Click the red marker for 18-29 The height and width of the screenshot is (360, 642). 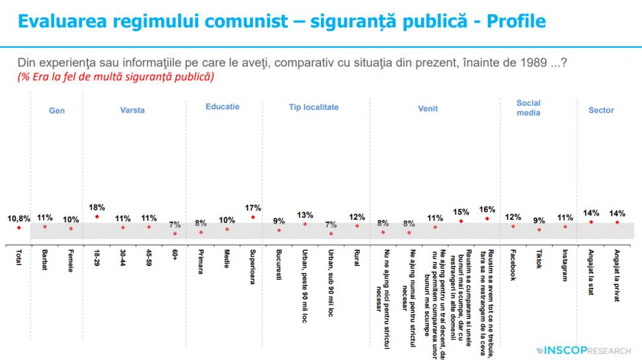97,216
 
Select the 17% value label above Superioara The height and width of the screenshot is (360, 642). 253,207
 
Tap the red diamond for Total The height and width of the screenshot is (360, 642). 19,227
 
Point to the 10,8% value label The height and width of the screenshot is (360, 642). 19,218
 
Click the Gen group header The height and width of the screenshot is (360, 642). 57,111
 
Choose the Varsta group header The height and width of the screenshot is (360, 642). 132,111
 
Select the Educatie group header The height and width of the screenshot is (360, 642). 222,107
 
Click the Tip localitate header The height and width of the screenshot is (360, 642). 314,107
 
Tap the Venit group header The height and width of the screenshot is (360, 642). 428,111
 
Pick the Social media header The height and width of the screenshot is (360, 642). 528,108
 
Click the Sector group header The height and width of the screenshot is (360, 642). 601,111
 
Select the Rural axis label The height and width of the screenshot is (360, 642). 357,257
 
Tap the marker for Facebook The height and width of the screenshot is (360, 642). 513,226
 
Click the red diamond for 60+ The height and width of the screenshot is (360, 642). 175,233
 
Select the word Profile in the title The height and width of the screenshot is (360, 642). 516,21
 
